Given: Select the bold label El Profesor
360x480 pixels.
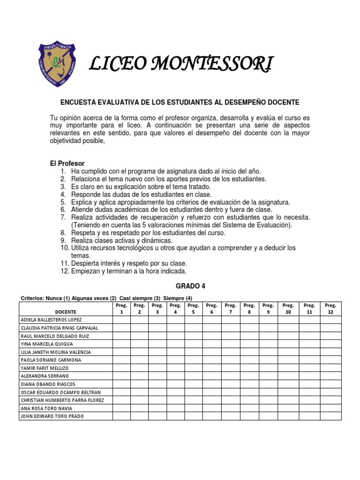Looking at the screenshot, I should [x=67, y=164].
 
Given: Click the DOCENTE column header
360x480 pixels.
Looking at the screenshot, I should [x=66, y=312].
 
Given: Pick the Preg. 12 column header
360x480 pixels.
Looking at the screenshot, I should [x=330, y=308].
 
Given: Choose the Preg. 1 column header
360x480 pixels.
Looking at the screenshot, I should [x=121, y=308].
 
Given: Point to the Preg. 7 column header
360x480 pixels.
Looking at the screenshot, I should [x=230, y=308].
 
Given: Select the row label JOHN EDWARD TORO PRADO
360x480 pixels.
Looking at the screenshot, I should [x=52, y=416].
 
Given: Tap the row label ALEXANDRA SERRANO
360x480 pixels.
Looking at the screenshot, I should [x=45, y=376].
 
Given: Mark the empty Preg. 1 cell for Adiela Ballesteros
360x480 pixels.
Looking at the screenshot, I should [x=121, y=320].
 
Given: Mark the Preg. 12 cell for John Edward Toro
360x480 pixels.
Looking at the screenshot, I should [x=330, y=416].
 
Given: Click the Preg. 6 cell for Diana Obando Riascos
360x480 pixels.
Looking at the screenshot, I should [x=211, y=384].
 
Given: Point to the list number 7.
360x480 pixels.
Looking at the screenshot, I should [x=63, y=217].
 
